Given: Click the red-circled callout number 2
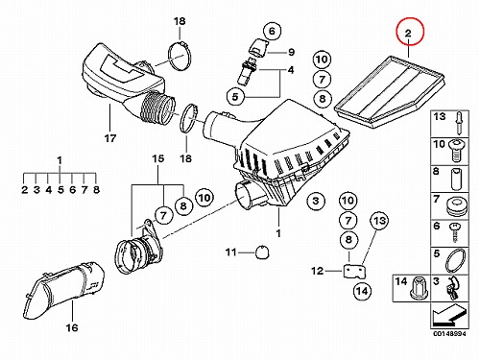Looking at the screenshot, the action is pos(410,32).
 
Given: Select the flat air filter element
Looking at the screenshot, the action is pos(389,92).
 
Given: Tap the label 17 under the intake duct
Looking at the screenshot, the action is pos(109,138).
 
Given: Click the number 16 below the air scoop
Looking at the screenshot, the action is pos(72,327).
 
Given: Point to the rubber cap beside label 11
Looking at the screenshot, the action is pos(262,252).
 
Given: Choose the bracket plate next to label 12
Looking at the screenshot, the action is pos(354,272).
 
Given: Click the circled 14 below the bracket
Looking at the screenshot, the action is pos(362,291).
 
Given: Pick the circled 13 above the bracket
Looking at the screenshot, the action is pos(379,221).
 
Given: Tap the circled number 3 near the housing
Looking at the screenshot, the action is pos(316,201).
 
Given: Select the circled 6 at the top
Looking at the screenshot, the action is pos(272,31).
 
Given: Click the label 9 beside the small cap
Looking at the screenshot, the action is pos(291,52).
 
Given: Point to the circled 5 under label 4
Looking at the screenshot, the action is pos(235,96).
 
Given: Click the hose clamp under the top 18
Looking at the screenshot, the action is pos(180,57).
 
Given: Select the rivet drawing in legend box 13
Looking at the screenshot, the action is pos(459,123).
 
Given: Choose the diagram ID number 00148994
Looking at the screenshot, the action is pos(450,333).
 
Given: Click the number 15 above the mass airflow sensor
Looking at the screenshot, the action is pos(158,158).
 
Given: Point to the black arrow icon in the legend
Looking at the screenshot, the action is pos(448,314).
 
